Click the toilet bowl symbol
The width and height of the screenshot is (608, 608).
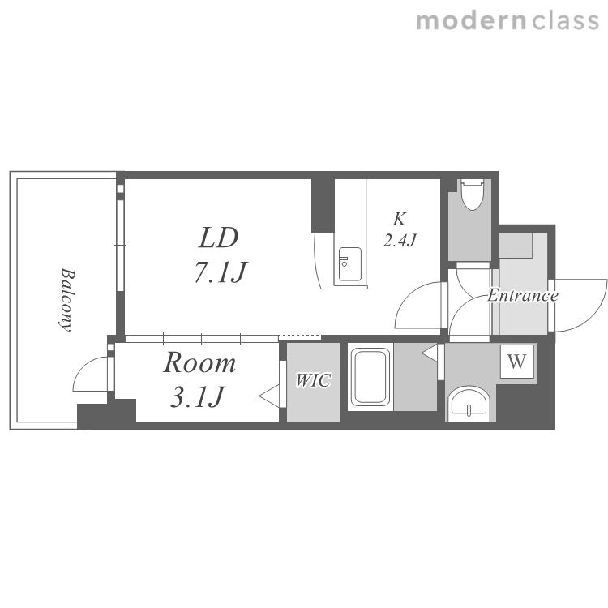472,195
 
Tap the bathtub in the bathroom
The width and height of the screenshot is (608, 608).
370,376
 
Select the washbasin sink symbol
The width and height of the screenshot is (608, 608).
469,403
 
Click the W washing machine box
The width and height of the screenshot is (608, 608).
516,362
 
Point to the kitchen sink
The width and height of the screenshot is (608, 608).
349,264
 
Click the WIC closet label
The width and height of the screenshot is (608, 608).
313,380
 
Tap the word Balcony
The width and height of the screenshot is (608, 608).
66,299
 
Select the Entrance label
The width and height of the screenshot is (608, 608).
523,295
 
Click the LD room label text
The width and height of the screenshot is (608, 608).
218,238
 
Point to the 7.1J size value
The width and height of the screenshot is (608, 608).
221,272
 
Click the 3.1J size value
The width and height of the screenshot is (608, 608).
197,396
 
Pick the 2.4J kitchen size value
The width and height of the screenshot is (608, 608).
400,241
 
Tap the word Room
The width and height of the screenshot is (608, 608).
199,363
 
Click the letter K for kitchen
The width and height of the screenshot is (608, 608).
399,219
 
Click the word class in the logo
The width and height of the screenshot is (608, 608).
565,20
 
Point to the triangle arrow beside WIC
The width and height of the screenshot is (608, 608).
269,396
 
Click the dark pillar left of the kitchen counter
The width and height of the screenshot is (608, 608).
323,205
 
